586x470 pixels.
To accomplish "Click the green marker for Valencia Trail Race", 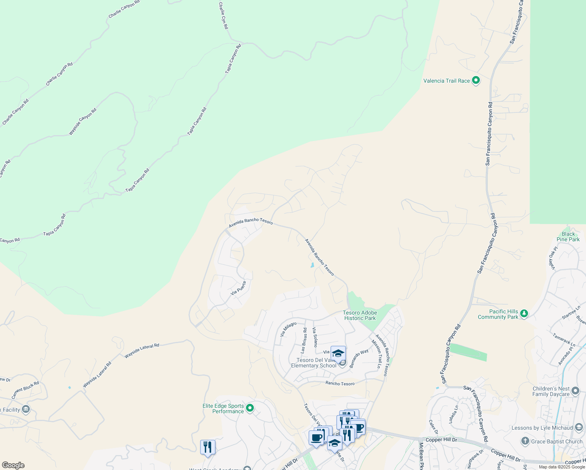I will (476, 81).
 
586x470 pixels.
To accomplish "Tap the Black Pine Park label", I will (568, 237).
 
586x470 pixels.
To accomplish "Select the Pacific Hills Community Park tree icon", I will (524, 314).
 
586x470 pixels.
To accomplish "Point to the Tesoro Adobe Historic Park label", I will (360, 315).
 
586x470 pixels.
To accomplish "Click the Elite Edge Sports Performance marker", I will (250, 409).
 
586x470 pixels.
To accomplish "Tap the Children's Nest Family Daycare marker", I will (575, 391).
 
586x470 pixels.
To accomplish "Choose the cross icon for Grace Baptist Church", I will (525, 441).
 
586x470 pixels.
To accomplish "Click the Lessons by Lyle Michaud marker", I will (579, 428).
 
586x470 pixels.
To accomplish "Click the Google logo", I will (13, 465).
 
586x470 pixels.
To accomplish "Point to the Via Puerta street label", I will (239, 288).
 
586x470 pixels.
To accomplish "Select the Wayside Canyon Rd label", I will (83, 122).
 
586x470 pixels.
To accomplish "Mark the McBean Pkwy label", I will (421, 456).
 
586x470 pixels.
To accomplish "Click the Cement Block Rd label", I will (25, 390).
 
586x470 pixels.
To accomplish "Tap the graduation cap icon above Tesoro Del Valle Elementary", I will (338, 353).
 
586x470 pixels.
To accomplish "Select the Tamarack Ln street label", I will (564, 340).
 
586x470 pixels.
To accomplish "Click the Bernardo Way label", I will (359, 358).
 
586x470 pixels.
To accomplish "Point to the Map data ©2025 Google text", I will (561, 467).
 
